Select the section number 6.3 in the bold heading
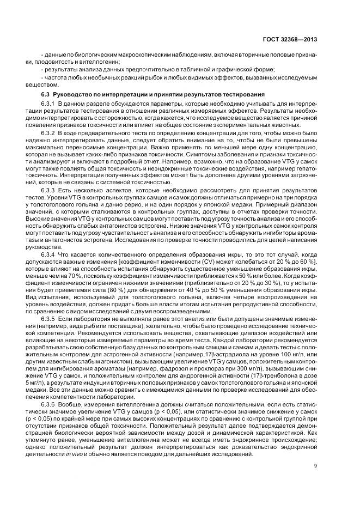(46, 94)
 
